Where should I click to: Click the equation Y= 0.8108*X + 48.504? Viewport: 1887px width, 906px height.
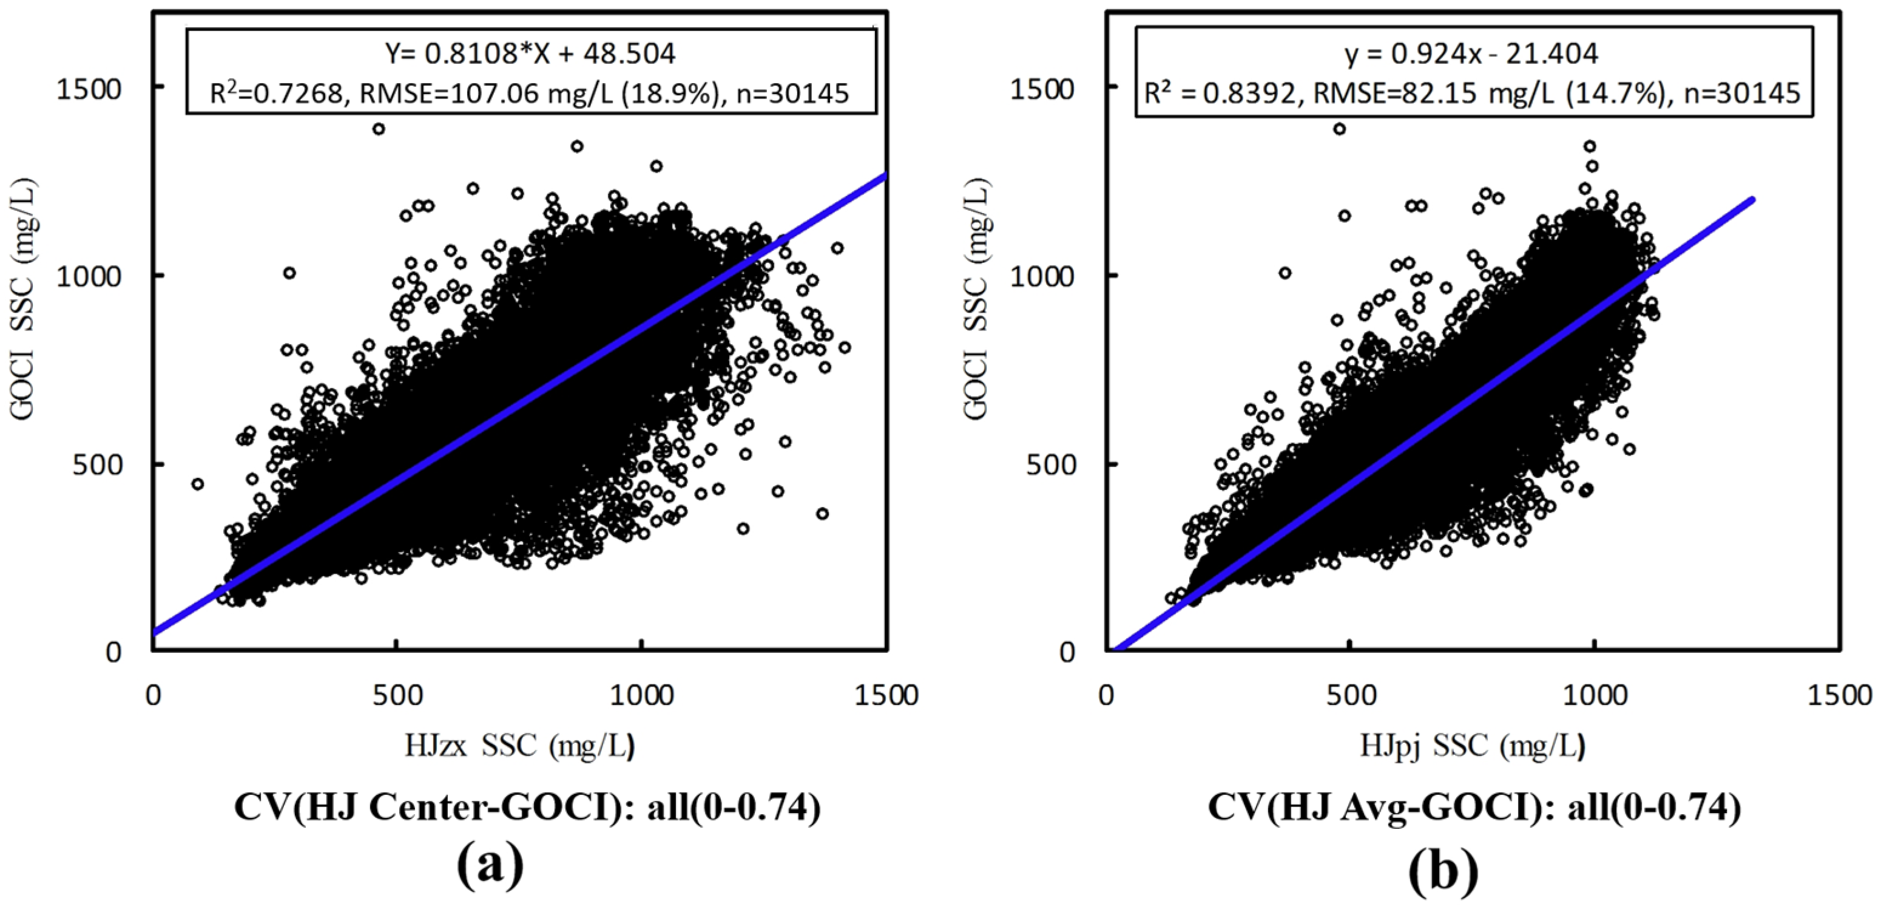pyautogui.click(x=530, y=53)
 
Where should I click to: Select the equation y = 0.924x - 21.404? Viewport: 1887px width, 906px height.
pyautogui.click(x=1471, y=53)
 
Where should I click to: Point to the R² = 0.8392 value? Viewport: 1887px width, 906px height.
pyautogui.click(x=1220, y=93)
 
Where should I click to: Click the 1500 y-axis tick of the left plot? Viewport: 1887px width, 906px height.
pyautogui.click(x=89, y=89)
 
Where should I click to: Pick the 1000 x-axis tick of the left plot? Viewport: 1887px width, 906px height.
pyautogui.click(x=642, y=693)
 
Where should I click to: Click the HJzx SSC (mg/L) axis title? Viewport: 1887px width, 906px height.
pyautogui.click(x=519, y=746)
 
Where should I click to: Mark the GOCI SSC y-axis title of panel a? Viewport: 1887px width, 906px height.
pyautogui.click(x=24, y=301)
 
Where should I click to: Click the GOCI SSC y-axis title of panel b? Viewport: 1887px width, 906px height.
pyautogui.click(x=976, y=301)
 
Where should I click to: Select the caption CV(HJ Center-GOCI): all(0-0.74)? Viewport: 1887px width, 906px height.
pyautogui.click(x=527, y=807)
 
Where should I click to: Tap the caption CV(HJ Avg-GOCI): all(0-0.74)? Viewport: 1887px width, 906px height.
pyautogui.click(x=1474, y=807)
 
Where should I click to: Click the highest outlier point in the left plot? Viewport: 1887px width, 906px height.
pyautogui.click(x=379, y=129)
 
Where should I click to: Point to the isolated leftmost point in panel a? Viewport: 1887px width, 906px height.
pyautogui.click(x=197, y=484)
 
